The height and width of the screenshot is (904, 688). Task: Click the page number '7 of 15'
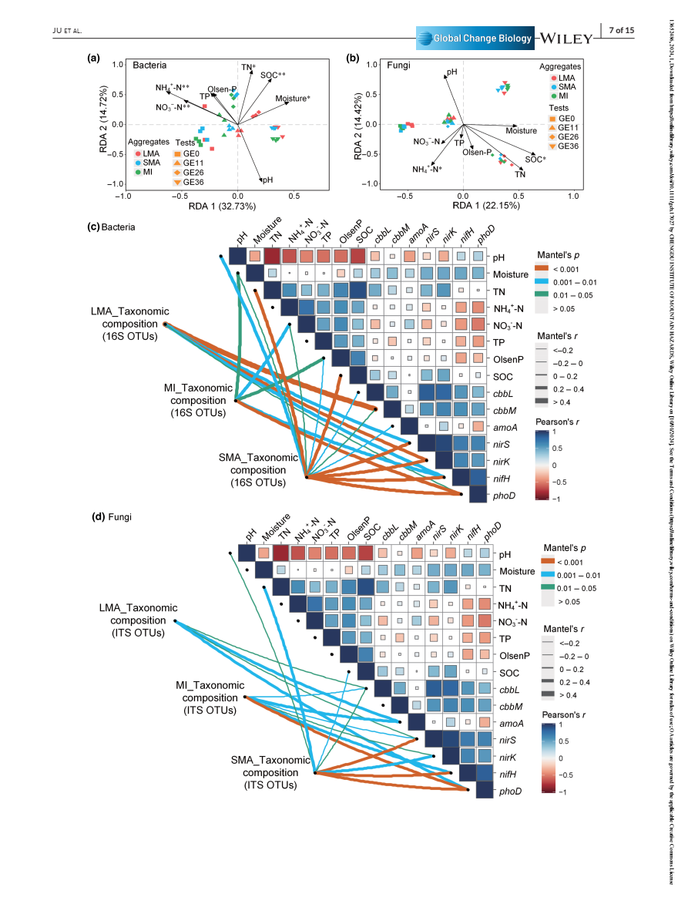621,30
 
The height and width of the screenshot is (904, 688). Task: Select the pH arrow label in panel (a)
267,180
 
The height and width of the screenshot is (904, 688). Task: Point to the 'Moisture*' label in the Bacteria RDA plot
293,98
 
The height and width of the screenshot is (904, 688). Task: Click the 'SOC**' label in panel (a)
273,75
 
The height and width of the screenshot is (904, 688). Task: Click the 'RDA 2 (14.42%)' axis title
357,124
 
